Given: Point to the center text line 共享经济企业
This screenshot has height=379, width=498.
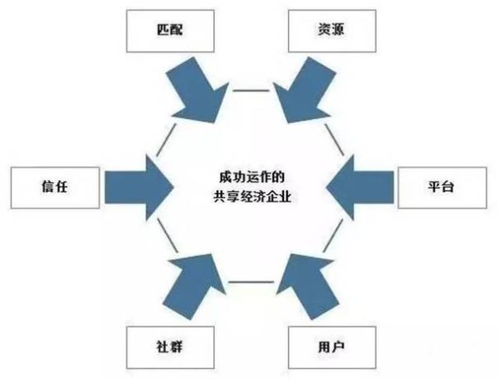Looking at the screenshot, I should pos(247,197).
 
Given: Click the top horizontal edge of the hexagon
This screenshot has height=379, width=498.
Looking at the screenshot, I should pos(247,91).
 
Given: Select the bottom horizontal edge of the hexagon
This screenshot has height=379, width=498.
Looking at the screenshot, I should pos(247,283).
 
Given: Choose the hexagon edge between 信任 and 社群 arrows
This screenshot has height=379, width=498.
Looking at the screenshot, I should pos(165,238).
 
